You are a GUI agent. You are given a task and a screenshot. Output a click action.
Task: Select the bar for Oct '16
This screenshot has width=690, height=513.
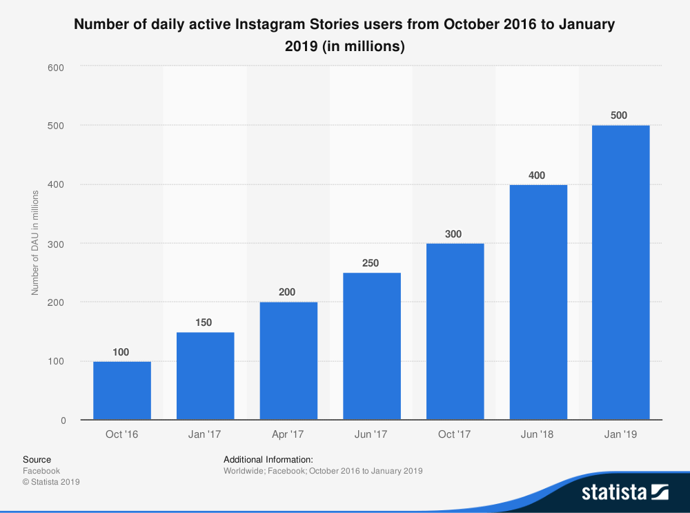pyautogui.click(x=122, y=390)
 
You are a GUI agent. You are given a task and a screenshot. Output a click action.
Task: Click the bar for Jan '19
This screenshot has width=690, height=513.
pyautogui.click(x=620, y=273)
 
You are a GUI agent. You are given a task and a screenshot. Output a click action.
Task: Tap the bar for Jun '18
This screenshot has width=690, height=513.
pyautogui.click(x=538, y=302)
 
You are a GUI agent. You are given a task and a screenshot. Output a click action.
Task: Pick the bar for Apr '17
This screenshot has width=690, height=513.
pyautogui.click(x=288, y=361)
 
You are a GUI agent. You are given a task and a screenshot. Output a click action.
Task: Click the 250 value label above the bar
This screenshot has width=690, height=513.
pyautogui.click(x=371, y=263)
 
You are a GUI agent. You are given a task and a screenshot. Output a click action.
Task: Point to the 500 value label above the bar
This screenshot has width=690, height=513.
pyautogui.click(x=619, y=115)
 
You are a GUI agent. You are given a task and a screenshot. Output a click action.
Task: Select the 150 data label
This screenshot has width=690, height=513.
pyautogui.click(x=204, y=322)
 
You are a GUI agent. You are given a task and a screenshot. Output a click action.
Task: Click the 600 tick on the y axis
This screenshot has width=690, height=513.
pyautogui.click(x=56, y=67)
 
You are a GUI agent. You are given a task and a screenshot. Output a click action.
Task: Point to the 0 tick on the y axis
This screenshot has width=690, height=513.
pyautogui.click(x=63, y=420)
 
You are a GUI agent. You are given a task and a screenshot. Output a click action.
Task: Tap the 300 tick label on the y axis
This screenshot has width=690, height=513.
pyautogui.click(x=56, y=244)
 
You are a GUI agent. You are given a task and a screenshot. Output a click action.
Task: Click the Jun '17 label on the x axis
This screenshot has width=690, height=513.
pyautogui.click(x=372, y=434)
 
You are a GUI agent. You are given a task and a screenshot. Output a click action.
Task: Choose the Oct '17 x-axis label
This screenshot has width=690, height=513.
pyautogui.click(x=455, y=434)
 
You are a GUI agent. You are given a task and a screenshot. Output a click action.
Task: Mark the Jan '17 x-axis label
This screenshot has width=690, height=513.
pyautogui.click(x=205, y=434)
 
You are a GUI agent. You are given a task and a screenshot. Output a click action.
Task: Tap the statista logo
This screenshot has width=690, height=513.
pyautogui.click(x=624, y=492)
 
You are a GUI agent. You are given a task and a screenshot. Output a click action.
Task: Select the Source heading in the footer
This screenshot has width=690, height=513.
pyautogui.click(x=37, y=459)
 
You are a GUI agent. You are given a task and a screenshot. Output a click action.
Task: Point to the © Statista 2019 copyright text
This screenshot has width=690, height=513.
pyautogui.click(x=51, y=482)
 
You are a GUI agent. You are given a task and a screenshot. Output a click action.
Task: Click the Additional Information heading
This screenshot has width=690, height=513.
pyautogui.click(x=268, y=459)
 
